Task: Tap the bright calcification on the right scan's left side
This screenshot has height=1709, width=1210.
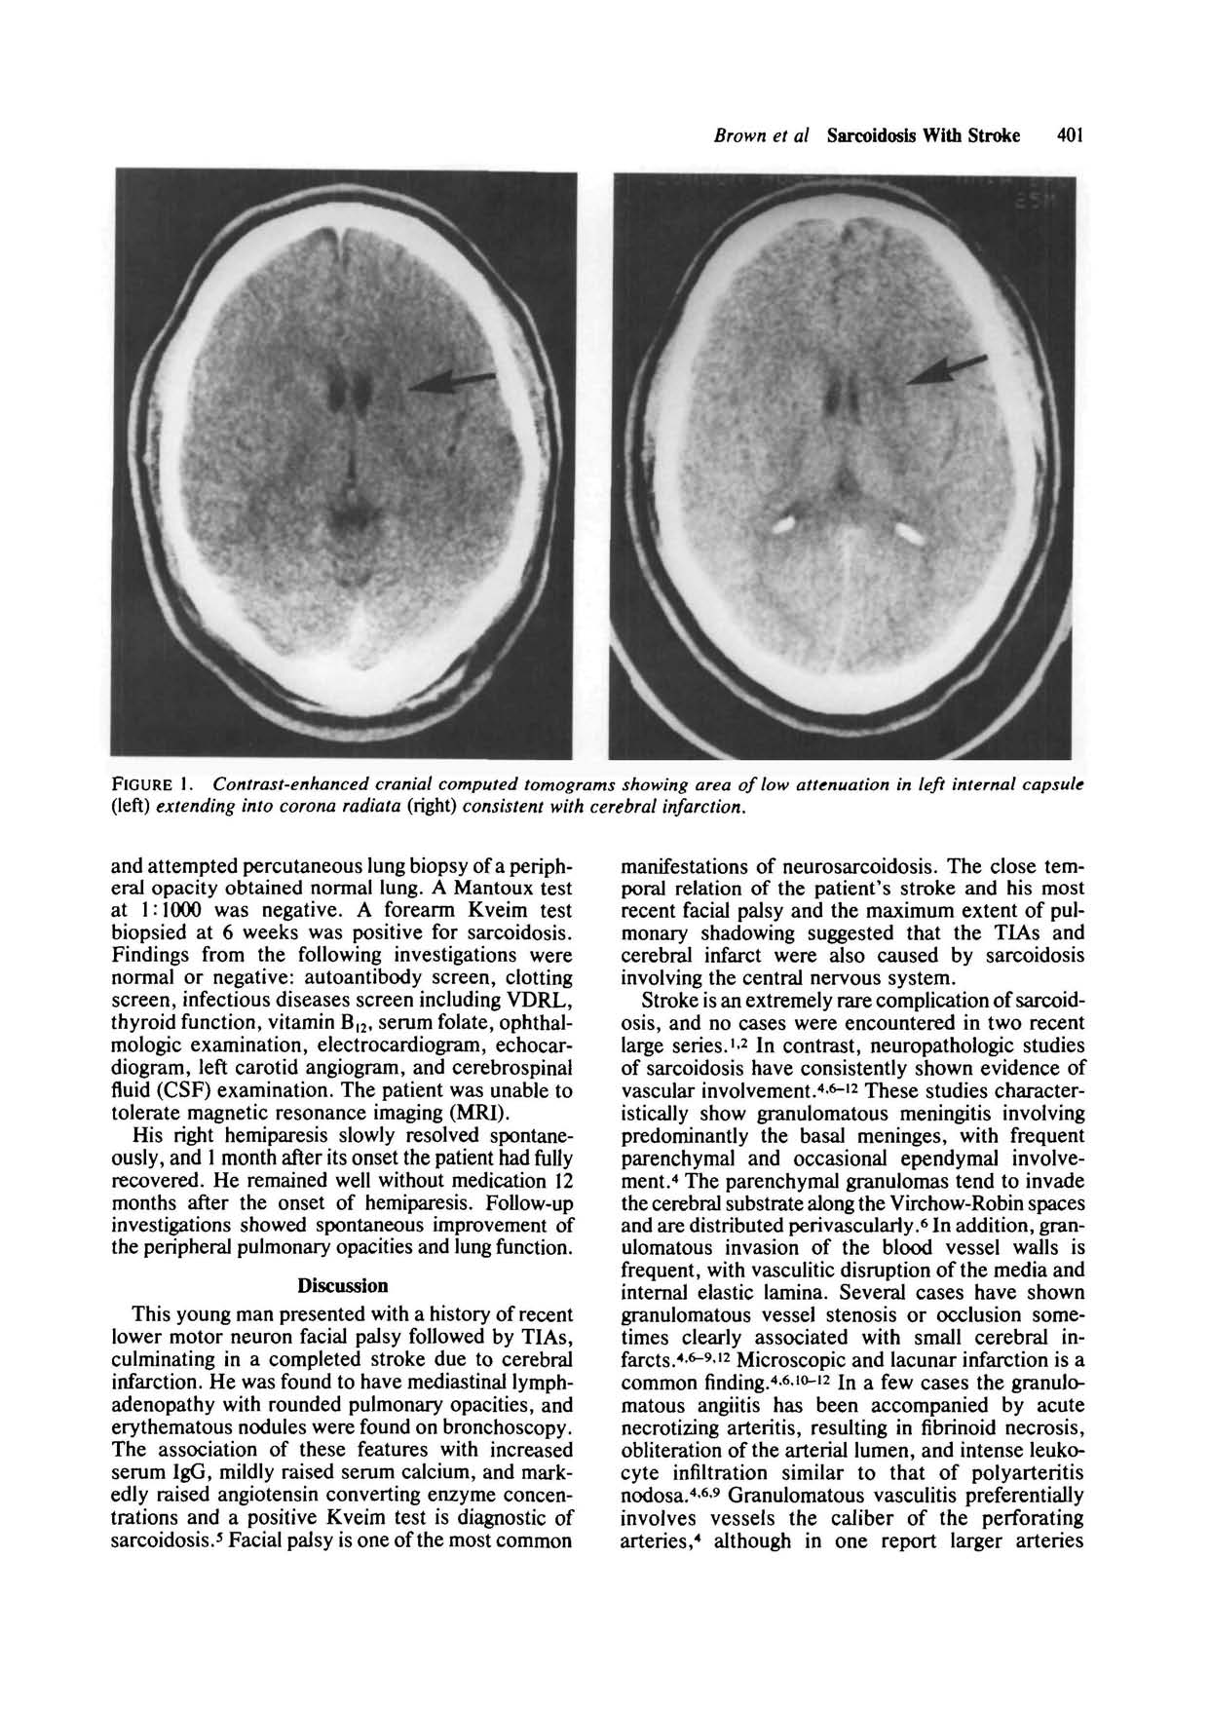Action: coord(786,525)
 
